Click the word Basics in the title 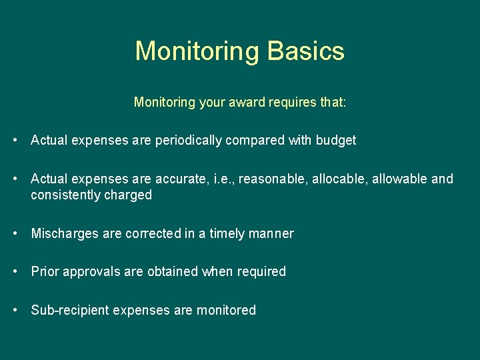[x=305, y=51]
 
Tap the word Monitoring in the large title [x=197, y=51]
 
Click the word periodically [x=188, y=140]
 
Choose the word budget [x=336, y=140]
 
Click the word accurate [x=181, y=179]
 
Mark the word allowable [x=400, y=179]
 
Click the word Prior [x=44, y=271]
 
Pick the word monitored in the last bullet [x=226, y=310]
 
